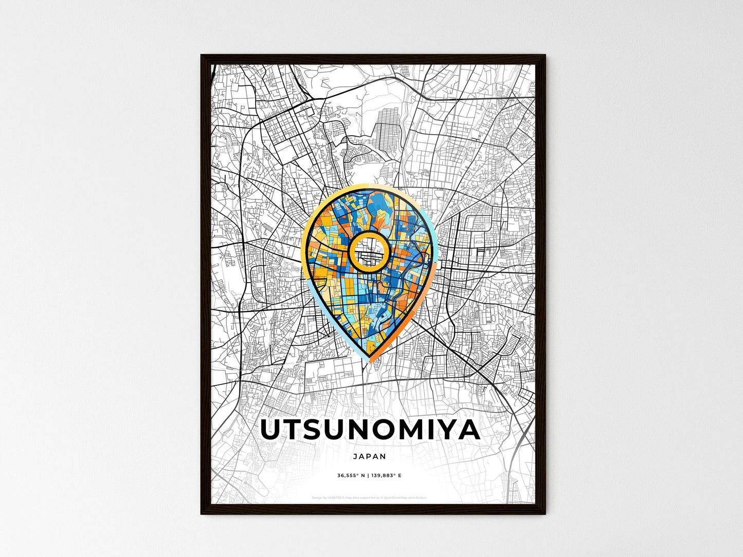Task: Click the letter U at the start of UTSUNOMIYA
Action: tap(273, 431)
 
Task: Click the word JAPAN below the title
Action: tap(369, 456)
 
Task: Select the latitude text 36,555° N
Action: tap(351, 476)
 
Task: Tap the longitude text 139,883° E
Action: tap(385, 476)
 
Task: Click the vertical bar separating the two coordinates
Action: tap(368, 476)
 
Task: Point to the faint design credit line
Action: tap(369, 497)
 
